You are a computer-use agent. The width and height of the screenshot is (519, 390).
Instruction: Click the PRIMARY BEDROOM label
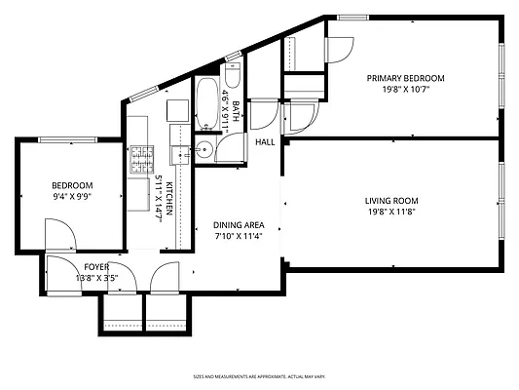405,78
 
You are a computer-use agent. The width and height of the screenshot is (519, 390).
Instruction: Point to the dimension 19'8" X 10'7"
405,89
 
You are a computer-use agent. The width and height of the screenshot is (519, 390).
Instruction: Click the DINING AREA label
239,225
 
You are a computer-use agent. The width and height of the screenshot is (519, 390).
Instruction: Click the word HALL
265,142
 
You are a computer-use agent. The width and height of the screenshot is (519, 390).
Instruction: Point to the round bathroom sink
204,149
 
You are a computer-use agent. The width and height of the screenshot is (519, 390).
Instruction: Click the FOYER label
96,265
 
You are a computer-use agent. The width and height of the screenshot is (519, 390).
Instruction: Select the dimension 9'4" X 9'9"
72,197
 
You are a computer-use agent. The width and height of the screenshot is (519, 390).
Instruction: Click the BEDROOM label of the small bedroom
72,186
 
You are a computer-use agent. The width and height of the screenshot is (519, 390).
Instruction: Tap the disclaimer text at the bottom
259,374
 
